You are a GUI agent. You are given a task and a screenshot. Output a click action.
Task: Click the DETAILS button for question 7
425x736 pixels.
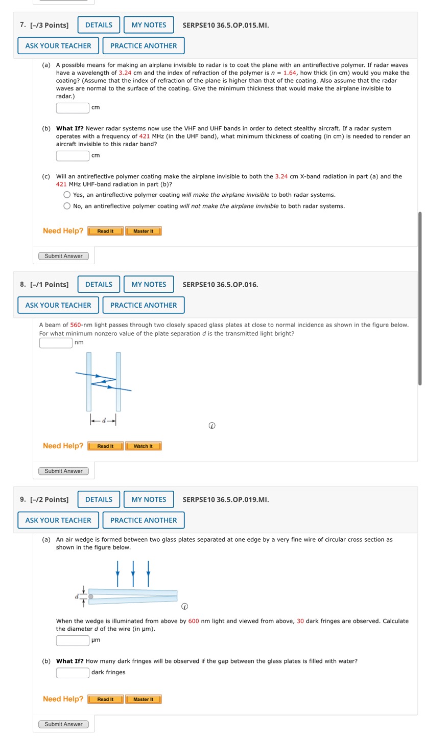point(99,25)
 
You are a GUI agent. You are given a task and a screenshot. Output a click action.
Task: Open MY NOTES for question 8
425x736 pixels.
point(149,285)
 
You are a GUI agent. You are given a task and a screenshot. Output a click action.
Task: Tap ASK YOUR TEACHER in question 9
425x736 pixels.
point(58,520)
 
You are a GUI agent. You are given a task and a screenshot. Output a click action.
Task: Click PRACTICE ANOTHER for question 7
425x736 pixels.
point(144,46)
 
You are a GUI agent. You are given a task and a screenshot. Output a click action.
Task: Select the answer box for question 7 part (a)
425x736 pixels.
point(73,108)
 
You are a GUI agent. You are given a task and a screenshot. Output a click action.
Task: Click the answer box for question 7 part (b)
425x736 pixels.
point(73,155)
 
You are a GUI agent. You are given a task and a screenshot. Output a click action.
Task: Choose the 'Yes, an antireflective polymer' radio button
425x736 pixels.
point(67,195)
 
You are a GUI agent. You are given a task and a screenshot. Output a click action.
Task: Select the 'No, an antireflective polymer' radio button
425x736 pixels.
point(67,206)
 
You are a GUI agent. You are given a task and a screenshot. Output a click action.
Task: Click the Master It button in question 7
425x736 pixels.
point(143,231)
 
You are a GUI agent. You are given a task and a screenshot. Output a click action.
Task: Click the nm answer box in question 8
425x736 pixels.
point(56,342)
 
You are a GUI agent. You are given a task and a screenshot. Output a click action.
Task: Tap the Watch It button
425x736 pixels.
point(143,446)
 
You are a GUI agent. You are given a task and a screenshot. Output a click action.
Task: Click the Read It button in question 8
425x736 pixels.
point(105,446)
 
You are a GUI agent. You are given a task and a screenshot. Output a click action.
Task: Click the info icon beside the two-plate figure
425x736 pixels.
point(212,426)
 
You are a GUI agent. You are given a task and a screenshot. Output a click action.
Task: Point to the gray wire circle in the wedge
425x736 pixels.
point(91,596)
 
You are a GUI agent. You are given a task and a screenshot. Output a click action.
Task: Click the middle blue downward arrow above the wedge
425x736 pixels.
point(133,573)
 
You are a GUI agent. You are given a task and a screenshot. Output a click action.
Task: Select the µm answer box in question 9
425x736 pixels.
point(73,640)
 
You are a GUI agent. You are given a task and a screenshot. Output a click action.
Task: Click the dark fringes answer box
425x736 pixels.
point(73,673)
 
